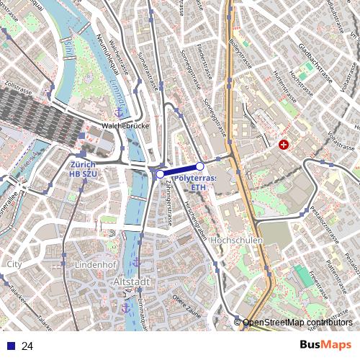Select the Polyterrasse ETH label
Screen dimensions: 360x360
coord(195,181)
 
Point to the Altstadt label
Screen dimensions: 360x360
coord(132,282)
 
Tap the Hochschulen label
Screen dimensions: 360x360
coord(239,240)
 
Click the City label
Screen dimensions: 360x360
coord(14,264)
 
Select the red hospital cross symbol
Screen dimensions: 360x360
coord(284,145)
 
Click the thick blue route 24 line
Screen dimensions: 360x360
coord(180,171)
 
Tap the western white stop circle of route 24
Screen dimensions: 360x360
coord(160,174)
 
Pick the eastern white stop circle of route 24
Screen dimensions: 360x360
coord(200,167)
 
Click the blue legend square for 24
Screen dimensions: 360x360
coord(11,346)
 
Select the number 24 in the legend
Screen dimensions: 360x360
coord(27,346)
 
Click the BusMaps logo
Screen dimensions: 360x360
coord(325,345)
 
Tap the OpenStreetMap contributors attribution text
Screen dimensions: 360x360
coord(297,323)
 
